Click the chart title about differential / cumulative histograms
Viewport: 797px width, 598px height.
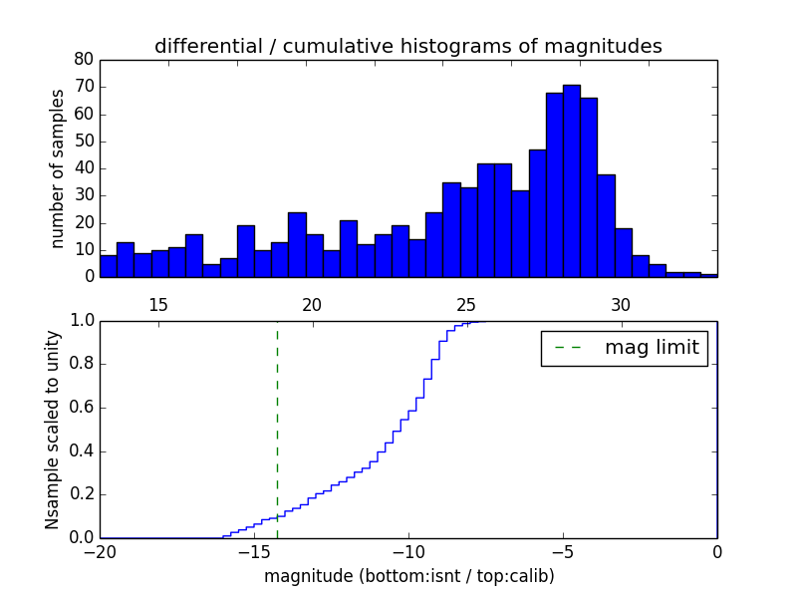pyautogui.click(x=407, y=46)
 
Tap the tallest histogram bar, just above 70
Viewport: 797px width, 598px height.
pyautogui.click(x=571, y=179)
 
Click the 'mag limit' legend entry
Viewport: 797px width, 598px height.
pyautogui.click(x=624, y=348)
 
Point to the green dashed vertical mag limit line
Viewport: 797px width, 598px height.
pyautogui.click(x=277, y=429)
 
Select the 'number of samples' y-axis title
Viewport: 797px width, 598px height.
pyautogui.click(x=58, y=167)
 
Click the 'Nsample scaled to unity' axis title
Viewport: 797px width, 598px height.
pyautogui.click(x=52, y=430)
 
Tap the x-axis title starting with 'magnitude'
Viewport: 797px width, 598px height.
pyautogui.click(x=408, y=576)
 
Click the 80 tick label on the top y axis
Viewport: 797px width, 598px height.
pyautogui.click(x=84, y=60)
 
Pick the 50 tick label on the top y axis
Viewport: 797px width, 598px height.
pyautogui.click(x=84, y=141)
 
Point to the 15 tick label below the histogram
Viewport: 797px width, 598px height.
pyautogui.click(x=158, y=304)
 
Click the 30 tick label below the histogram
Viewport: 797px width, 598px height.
pyautogui.click(x=621, y=304)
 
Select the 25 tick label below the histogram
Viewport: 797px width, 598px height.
pyautogui.click(x=466, y=304)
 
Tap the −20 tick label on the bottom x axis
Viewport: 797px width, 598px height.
pyautogui.click(x=100, y=552)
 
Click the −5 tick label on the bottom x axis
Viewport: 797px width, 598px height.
pyautogui.click(x=563, y=552)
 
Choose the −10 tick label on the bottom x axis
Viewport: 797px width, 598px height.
pyautogui.click(x=408, y=552)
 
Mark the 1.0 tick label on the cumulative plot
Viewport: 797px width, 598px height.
pyautogui.click(x=80, y=321)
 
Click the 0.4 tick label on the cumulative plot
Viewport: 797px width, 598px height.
pyautogui.click(x=80, y=450)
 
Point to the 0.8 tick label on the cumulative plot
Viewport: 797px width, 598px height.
pyautogui.click(x=80, y=364)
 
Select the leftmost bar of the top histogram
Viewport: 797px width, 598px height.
pyautogui.click(x=108, y=265)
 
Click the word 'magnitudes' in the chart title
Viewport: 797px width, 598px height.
pyautogui.click(x=612, y=46)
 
